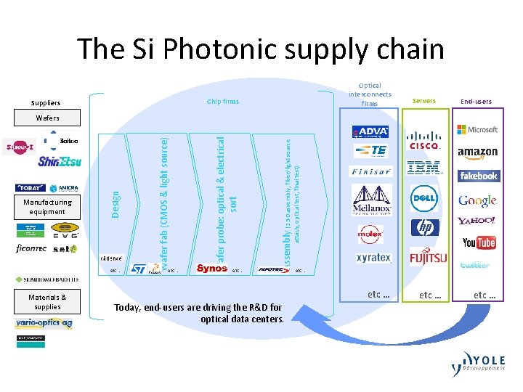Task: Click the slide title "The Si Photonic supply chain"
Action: pos(261,49)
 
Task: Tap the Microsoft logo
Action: pos(477,129)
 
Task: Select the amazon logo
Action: pos(477,152)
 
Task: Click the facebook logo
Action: pos(478,176)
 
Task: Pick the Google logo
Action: pos(477,200)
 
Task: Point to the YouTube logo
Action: pos(479,242)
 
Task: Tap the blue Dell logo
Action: pos(424,198)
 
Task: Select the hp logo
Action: pos(425,228)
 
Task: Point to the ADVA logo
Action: pos(370,131)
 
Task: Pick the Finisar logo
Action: pos(370,172)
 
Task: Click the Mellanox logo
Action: pos(372,200)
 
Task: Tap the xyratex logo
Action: pos(373,258)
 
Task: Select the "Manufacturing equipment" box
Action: pos(47,207)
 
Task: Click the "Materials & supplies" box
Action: pos(47,301)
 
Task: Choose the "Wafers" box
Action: pos(48,118)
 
